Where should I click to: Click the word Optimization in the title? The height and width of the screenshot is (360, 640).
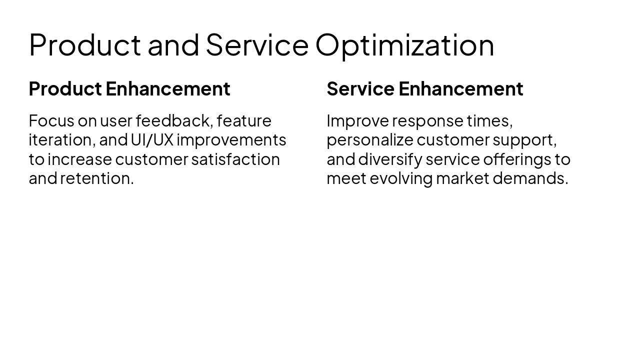coord(404,45)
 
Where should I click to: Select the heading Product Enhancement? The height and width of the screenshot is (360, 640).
coord(129,89)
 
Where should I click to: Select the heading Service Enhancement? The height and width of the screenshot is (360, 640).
coord(424,89)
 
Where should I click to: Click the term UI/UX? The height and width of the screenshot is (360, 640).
coord(152,140)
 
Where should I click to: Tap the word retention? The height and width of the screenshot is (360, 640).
coord(96,178)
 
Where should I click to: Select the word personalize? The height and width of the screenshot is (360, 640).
coord(369,140)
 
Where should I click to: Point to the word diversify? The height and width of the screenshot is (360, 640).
coord(390,159)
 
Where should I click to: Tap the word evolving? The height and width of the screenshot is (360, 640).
coord(401,178)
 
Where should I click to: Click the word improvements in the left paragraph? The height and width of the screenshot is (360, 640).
coord(231,140)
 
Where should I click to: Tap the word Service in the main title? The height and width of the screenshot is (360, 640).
coord(257,45)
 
